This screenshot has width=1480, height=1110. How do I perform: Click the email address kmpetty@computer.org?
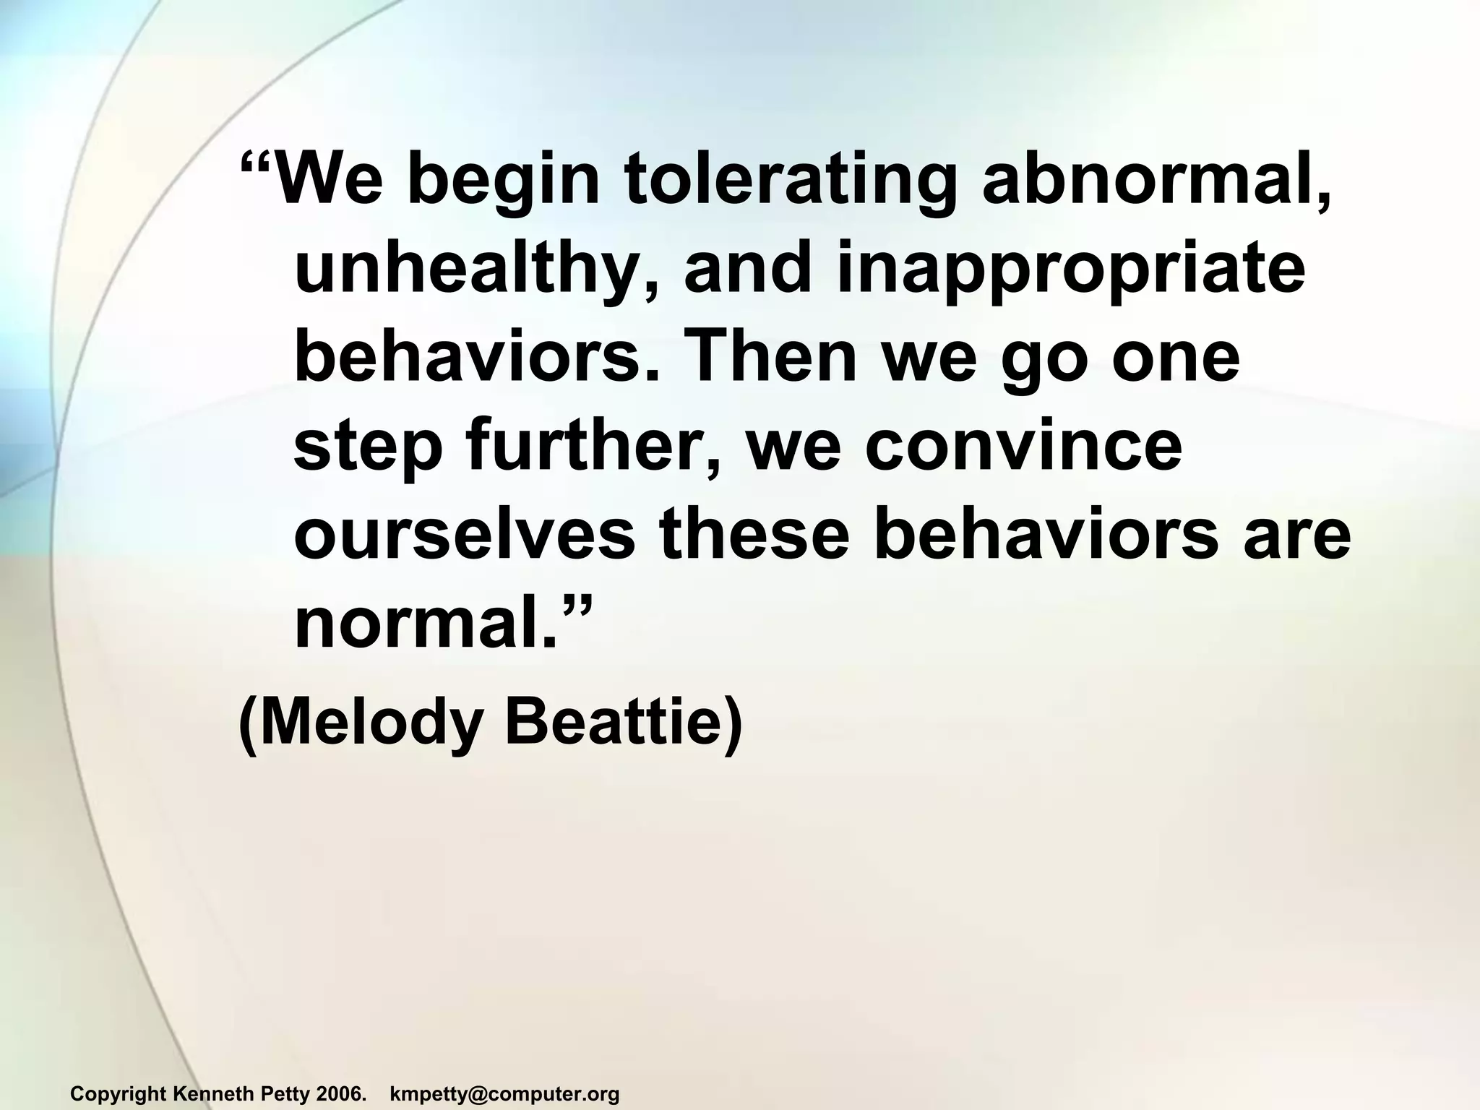(x=504, y=1094)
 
